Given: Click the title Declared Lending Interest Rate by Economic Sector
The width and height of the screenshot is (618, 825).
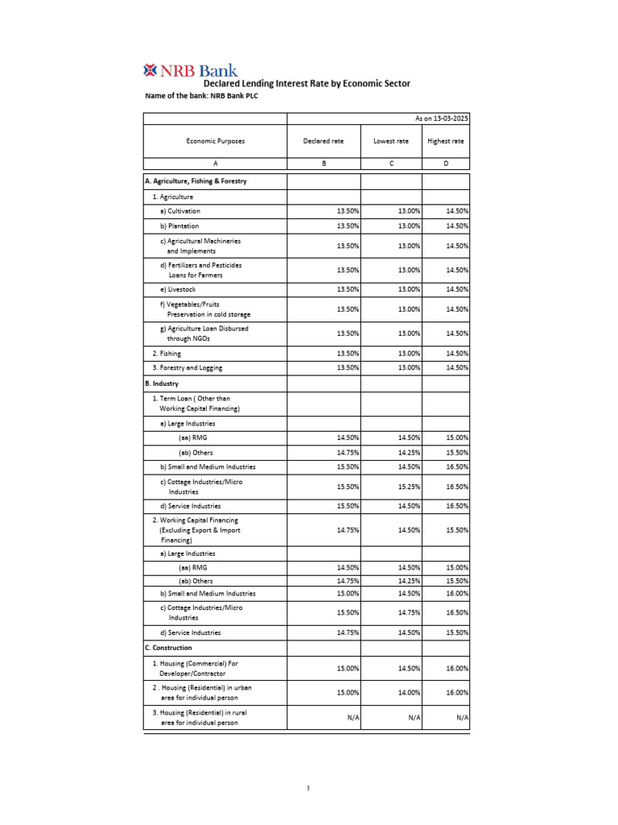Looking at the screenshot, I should (x=307, y=83).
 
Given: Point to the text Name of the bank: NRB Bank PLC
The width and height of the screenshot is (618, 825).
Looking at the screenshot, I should (x=201, y=96).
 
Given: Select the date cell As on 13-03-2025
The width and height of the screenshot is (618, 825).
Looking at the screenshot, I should (x=441, y=118).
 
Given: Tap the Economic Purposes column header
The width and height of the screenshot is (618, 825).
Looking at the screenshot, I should (x=215, y=141).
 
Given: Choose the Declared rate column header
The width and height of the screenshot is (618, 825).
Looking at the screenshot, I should (x=323, y=141).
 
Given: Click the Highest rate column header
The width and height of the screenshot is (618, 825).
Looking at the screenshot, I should (x=446, y=141).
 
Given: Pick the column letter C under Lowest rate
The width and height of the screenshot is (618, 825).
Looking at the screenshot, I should (x=391, y=164).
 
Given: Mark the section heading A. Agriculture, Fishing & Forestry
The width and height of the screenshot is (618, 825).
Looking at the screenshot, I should (x=196, y=181).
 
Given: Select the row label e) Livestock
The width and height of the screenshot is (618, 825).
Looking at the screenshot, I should (x=178, y=289).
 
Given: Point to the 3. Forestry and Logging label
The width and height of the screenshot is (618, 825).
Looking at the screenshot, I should (x=187, y=367).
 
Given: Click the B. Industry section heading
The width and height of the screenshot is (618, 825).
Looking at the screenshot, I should (x=162, y=383).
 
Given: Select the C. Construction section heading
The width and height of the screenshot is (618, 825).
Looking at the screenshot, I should (x=168, y=648).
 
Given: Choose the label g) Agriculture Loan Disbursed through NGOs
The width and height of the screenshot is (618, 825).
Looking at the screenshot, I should (x=204, y=334).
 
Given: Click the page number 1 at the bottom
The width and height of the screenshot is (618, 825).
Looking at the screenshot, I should (x=308, y=789).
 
